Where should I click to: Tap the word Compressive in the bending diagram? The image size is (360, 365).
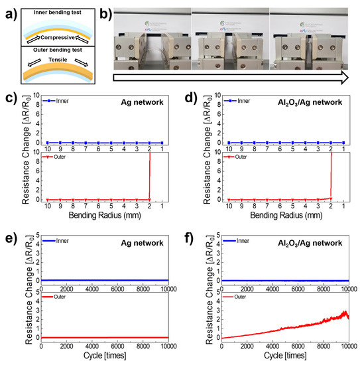pyautogui.click(x=56, y=38)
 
